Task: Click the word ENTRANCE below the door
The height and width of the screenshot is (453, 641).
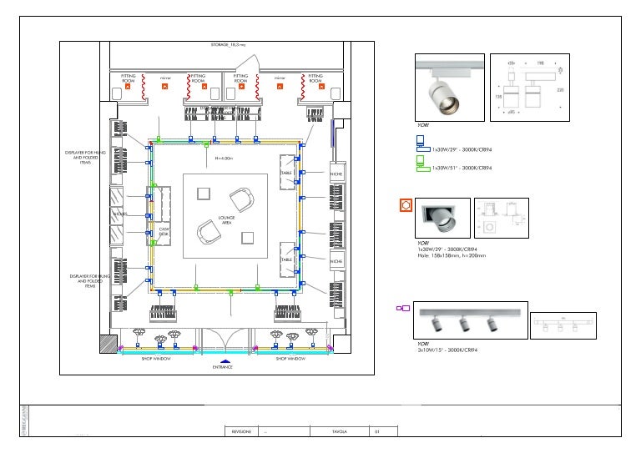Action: tap(221, 367)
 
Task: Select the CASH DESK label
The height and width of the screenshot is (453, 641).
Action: tap(164, 232)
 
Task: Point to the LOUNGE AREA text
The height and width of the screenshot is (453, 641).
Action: tap(226, 219)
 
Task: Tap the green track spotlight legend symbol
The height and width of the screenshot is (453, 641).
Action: tap(421, 166)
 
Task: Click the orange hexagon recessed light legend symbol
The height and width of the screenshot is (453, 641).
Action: tap(406, 204)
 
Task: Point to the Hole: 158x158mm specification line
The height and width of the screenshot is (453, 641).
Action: tap(452, 255)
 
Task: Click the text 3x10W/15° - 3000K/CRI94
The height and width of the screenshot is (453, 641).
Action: tap(449, 350)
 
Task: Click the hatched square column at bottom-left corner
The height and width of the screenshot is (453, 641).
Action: tap(108, 344)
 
